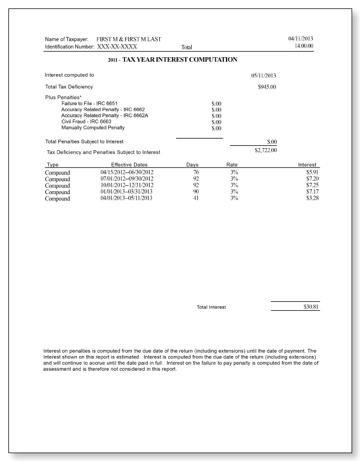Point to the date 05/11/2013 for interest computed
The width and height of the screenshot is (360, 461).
click(x=264, y=75)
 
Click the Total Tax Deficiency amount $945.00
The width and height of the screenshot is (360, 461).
click(x=266, y=87)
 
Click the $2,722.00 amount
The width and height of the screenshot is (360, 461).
click(x=265, y=150)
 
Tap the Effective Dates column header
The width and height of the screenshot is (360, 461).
click(x=129, y=164)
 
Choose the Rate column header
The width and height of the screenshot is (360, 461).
click(x=232, y=164)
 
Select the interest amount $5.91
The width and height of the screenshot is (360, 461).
click(x=312, y=172)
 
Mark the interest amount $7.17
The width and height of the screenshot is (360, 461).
click(x=312, y=192)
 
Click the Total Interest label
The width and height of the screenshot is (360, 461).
click(x=211, y=307)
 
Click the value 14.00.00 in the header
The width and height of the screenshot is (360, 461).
click(x=303, y=46)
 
